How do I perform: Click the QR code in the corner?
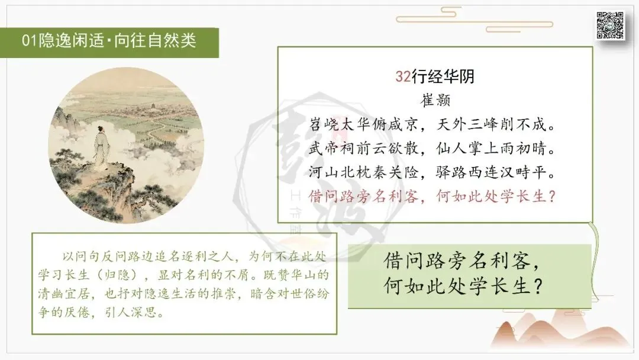(x=609, y=25)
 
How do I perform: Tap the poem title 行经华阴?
(x=443, y=76)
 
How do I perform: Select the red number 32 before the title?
(x=403, y=76)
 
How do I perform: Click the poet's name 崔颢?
(x=435, y=100)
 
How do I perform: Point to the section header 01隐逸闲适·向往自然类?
(x=109, y=40)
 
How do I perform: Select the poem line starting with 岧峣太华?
(x=363, y=124)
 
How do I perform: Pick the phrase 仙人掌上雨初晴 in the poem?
(x=490, y=148)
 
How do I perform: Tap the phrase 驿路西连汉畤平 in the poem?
(x=490, y=172)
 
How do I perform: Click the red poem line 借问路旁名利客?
(x=363, y=196)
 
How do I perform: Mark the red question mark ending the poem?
(x=552, y=197)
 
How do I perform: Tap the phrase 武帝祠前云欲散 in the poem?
(x=363, y=148)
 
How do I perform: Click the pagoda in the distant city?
(x=154, y=106)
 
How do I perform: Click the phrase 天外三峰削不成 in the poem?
(x=490, y=124)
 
